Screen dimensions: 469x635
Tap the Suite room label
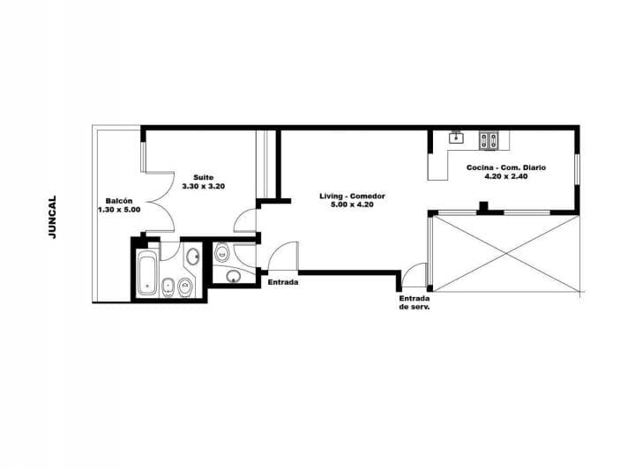coord(204,176)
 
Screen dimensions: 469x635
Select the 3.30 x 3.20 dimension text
coord(204,187)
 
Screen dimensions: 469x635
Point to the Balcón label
coord(119,200)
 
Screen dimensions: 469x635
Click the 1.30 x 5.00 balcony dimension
coord(119,210)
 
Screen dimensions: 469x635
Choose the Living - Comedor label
coord(353,195)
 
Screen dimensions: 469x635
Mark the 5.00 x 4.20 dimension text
coord(353,205)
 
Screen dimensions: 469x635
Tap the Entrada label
coord(282,283)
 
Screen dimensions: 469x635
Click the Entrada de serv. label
coord(414,302)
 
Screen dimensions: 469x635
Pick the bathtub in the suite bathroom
coord(146,272)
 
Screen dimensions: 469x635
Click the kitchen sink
coord(457,138)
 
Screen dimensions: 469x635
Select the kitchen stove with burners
coord(489,138)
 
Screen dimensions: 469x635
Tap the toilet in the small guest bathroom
coord(221,254)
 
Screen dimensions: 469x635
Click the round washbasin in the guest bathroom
coord(233,277)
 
